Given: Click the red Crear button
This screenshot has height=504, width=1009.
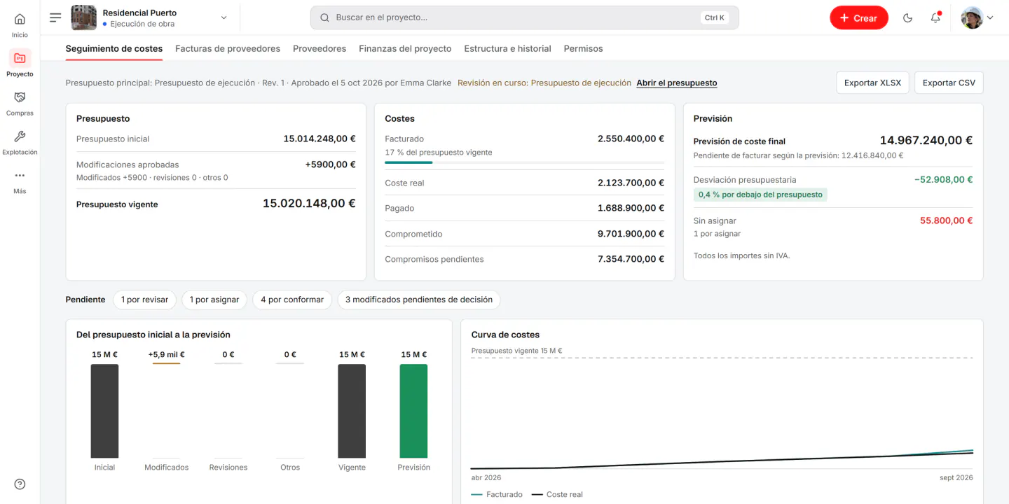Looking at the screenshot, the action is [x=858, y=17].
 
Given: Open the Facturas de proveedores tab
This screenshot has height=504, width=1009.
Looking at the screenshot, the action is [x=228, y=48].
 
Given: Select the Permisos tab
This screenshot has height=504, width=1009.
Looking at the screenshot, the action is [x=583, y=48].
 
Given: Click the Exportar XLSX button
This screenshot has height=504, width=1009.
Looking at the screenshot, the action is [x=872, y=83].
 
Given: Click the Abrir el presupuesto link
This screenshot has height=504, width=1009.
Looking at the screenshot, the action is [x=677, y=83].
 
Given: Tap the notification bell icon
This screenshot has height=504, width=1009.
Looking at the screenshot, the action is [x=935, y=17].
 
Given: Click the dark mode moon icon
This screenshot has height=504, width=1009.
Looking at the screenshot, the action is [x=907, y=17].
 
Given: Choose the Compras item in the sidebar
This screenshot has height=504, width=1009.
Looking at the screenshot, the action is [x=20, y=104].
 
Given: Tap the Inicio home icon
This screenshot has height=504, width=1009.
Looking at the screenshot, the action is [x=20, y=20].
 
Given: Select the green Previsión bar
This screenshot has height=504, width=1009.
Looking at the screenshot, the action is [x=413, y=411].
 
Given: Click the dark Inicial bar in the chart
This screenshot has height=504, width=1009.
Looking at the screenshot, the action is [x=104, y=411].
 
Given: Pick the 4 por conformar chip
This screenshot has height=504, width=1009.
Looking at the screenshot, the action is [x=292, y=300].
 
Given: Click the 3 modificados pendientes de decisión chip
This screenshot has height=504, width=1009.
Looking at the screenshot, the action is [x=418, y=300].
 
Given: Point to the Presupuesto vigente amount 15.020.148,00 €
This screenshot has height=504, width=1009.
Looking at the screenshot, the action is [x=309, y=204].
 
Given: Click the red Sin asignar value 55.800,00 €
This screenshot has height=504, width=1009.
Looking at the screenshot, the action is [x=946, y=220].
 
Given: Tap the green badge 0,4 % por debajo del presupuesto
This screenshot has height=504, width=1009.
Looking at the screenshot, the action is [x=760, y=195].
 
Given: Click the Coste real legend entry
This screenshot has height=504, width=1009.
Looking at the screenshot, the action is [x=557, y=494].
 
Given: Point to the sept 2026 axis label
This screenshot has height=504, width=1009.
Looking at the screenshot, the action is [x=956, y=477].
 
